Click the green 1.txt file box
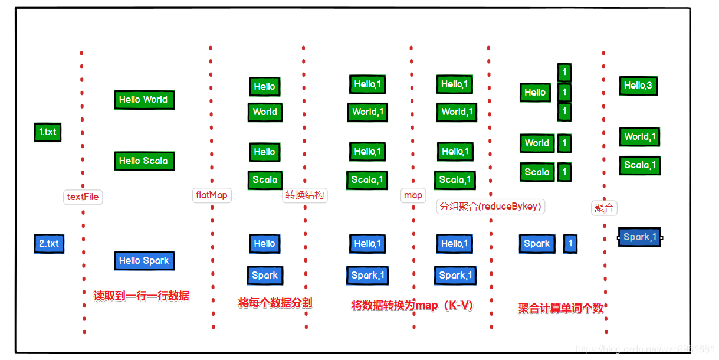[47, 132]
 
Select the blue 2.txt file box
[48, 243]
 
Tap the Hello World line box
[144, 99]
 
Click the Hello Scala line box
[144, 161]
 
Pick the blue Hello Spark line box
[144, 260]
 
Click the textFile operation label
[83, 197]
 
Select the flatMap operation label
[211, 195]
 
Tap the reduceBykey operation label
[490, 207]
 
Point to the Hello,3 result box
[638, 86]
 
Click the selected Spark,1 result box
[639, 237]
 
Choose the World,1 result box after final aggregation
[639, 137]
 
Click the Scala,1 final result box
[639, 165]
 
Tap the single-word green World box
[264, 112]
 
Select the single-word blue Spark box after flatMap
[264, 275]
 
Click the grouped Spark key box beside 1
[537, 243]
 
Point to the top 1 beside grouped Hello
[564, 73]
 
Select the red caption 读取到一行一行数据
[142, 296]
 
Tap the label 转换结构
[304, 195]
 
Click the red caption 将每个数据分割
[275, 303]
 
